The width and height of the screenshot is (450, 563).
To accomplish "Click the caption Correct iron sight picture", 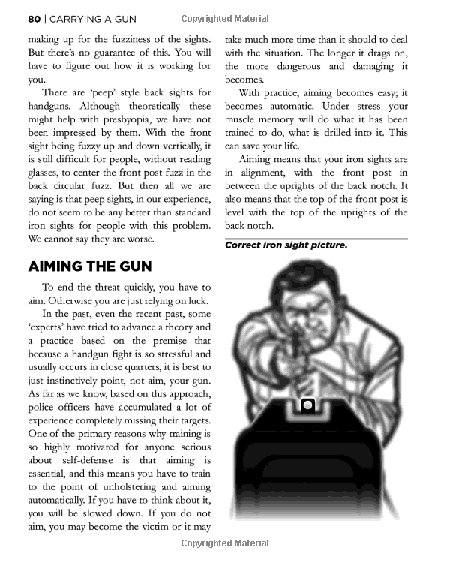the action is [x=286, y=245].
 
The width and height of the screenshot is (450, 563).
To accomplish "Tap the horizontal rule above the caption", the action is [x=316, y=237].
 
